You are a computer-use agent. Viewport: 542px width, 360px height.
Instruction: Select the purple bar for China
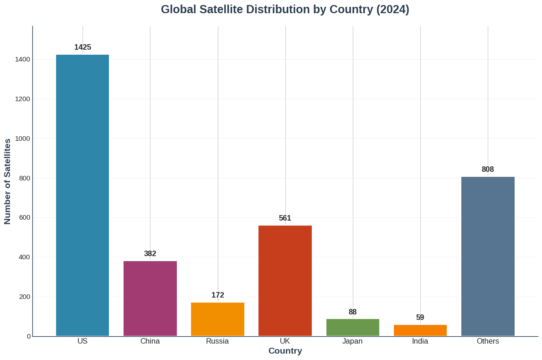[150, 298]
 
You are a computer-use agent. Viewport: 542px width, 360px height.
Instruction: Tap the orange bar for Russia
[217, 319]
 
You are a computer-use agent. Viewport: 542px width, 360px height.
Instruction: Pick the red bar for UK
[285, 281]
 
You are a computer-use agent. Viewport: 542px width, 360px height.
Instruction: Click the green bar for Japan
[353, 327]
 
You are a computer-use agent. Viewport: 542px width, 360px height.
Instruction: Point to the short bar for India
[420, 330]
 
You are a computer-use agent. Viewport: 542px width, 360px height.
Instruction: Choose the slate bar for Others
[488, 256]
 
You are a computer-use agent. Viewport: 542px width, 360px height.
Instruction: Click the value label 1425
[83, 47]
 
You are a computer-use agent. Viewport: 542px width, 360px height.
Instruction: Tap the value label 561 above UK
[285, 218]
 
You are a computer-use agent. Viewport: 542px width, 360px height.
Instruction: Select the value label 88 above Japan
[353, 312]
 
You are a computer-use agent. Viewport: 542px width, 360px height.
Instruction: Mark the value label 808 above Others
[488, 170]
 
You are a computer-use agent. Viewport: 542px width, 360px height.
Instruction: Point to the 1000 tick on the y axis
[22, 139]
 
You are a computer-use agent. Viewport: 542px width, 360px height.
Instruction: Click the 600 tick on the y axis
[25, 217]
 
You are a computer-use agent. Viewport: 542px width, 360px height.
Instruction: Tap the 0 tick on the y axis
[29, 336]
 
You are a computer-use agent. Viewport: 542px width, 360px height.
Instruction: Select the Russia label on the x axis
[217, 341]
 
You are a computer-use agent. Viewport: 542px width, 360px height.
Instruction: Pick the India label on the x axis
[420, 341]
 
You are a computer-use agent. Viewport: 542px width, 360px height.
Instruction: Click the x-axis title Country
[285, 351]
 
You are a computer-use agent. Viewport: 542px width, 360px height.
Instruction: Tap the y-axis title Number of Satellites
[7, 181]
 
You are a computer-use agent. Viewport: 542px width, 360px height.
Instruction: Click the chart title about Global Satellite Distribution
[285, 10]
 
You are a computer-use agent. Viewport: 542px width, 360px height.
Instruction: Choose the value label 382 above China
[150, 254]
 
